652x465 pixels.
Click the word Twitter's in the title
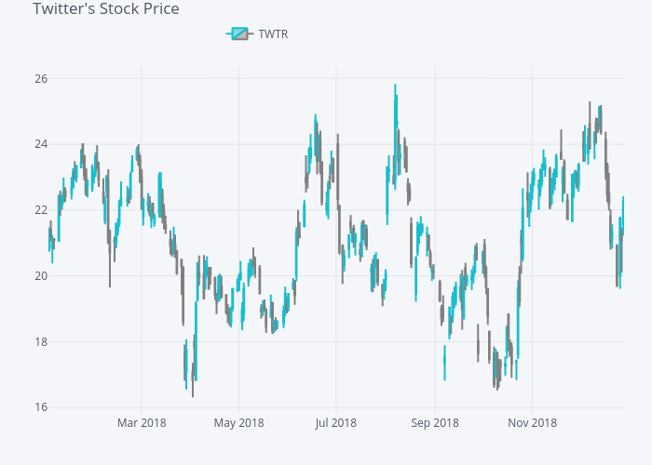click(x=63, y=9)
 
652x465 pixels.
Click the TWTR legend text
click(x=273, y=34)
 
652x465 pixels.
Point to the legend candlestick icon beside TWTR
click(x=238, y=34)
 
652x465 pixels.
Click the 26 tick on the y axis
click(x=41, y=78)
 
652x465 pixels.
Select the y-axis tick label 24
click(x=41, y=144)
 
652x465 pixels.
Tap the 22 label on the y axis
click(x=41, y=210)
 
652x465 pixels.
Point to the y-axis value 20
click(x=41, y=276)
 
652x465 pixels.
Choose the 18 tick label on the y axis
click(x=41, y=342)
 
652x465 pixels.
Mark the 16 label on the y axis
click(x=41, y=407)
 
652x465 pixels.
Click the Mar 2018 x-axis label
click(x=142, y=423)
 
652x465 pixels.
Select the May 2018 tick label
click(x=238, y=423)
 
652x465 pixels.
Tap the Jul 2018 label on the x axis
click(x=335, y=423)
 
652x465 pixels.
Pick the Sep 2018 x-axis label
click(x=434, y=423)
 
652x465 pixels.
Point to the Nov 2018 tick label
click(x=532, y=423)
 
